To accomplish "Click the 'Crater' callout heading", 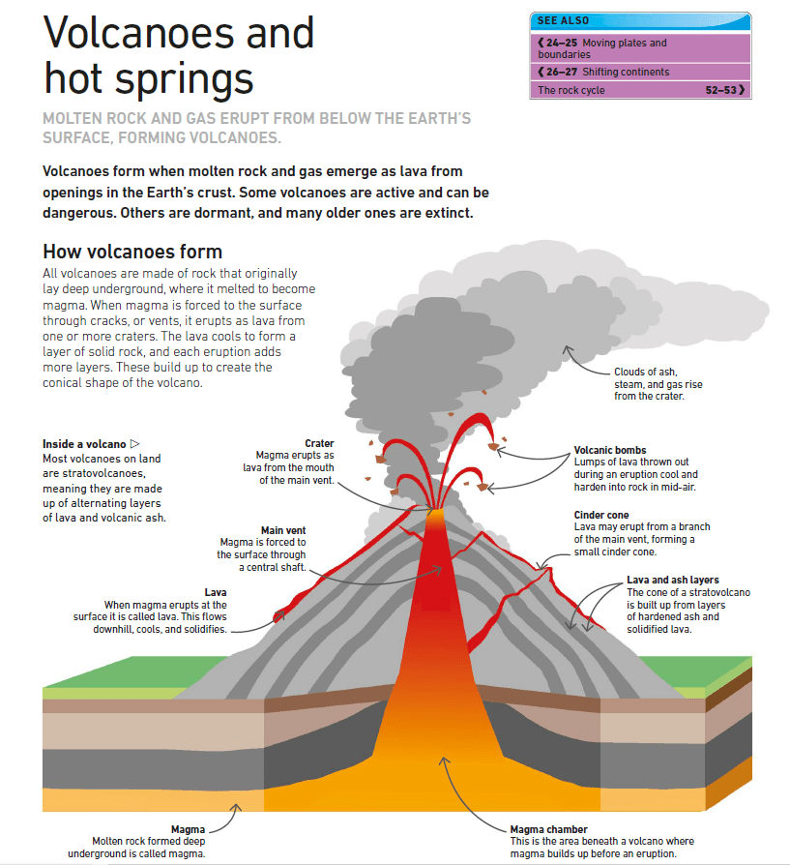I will click(x=319, y=444).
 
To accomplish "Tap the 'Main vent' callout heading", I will click(x=283, y=530).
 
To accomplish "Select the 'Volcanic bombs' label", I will click(x=609, y=450).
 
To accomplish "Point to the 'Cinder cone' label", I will click(x=601, y=515).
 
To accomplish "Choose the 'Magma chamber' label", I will click(x=548, y=829).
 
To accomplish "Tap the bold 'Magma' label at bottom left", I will click(x=188, y=829).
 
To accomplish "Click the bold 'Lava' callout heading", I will click(x=216, y=591).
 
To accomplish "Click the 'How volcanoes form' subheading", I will click(x=132, y=253).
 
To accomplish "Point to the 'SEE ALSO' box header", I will click(x=564, y=20).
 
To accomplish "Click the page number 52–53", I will click(x=722, y=90).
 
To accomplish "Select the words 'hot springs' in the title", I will click(x=149, y=78).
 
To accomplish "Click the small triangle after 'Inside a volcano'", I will click(x=135, y=444).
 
